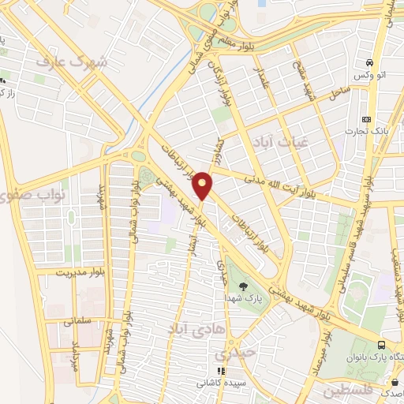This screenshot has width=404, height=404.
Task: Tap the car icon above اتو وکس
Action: (369, 63)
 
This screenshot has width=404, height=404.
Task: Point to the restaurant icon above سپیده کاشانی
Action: (222, 371)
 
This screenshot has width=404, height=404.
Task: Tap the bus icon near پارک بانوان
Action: (382, 345)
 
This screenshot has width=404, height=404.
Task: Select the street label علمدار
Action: (264, 80)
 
